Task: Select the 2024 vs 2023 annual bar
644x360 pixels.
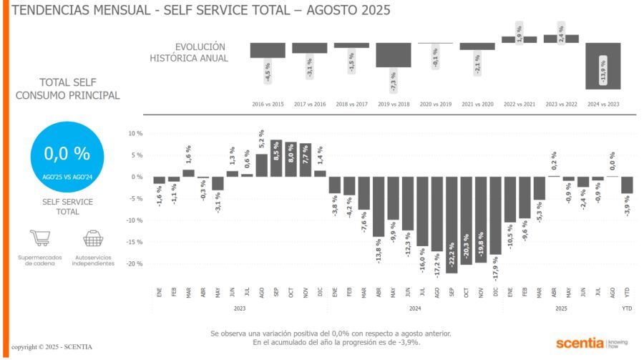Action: pos(602,66)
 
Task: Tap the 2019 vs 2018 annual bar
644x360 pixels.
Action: pos(393,55)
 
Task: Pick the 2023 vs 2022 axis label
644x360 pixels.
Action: pos(561,104)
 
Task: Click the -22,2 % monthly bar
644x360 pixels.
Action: pos(452,225)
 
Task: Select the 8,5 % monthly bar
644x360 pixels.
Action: pos(276,158)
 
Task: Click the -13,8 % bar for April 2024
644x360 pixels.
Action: pos(379,207)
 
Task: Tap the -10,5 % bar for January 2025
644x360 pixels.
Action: pos(510,200)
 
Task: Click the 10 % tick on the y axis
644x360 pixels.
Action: pos(136,134)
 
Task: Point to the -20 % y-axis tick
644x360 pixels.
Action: pos(135,264)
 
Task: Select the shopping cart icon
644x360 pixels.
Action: pos(40,239)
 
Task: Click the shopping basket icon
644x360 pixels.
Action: pos(93,239)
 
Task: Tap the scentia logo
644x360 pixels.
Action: pos(580,342)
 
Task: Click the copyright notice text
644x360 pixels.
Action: pos(52,347)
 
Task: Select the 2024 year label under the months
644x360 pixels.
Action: pos(415,308)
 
